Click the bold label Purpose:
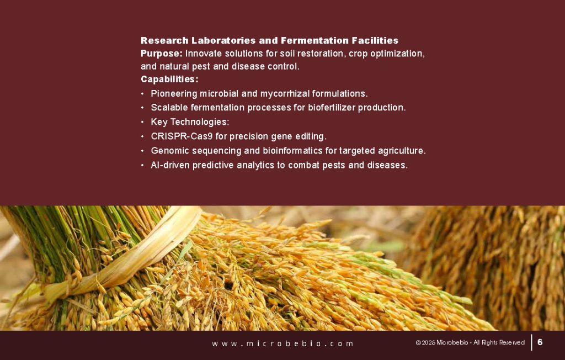click(x=162, y=54)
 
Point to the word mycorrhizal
click(x=269, y=93)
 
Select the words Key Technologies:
click(x=190, y=122)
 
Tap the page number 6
click(x=540, y=342)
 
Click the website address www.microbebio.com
click(x=282, y=343)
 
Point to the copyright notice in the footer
click(x=470, y=343)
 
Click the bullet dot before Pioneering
click(x=143, y=94)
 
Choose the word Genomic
click(x=169, y=151)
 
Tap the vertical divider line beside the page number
click(x=531, y=342)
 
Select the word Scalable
click(x=169, y=108)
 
